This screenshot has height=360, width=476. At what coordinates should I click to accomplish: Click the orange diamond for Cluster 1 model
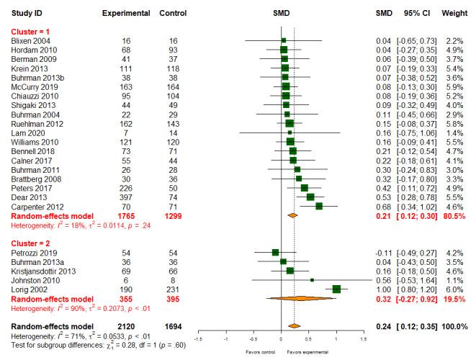292,215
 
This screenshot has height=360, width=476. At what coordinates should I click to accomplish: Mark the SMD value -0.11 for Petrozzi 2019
385,253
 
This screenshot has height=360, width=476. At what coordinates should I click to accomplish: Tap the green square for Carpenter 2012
319,205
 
